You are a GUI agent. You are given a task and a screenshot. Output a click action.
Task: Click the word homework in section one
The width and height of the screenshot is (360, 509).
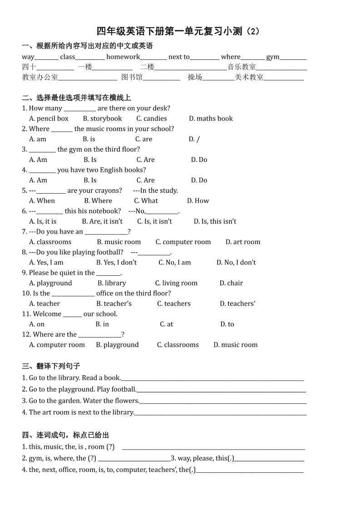[123, 57]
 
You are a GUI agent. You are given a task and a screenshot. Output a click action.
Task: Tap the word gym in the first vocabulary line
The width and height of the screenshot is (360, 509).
[272, 57]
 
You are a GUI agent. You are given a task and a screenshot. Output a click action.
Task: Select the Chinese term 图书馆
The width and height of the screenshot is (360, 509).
[132, 77]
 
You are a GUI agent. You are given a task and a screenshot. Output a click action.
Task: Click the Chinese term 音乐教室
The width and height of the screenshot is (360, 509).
[242, 67]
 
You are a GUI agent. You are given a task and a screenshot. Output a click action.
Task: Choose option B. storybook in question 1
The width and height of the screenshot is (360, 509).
[102, 118]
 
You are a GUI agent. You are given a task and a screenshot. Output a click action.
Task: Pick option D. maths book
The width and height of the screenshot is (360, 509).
[211, 118]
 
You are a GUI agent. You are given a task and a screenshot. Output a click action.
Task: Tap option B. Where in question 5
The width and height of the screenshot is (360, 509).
[98, 201]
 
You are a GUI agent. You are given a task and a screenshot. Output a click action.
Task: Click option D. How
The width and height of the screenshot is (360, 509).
[198, 201]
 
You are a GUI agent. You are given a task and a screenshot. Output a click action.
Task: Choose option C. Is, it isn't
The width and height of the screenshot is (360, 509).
[154, 221]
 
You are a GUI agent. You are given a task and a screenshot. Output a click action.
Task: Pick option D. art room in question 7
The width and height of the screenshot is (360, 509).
[243, 242]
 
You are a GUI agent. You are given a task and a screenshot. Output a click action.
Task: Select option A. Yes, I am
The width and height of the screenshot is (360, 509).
[46, 263]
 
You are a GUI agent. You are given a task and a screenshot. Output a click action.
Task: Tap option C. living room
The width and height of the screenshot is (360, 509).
[176, 283]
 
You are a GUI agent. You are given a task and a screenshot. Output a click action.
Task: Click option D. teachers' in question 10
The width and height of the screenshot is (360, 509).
[237, 304]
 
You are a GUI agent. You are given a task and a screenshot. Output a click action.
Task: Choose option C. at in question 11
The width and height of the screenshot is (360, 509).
[166, 324]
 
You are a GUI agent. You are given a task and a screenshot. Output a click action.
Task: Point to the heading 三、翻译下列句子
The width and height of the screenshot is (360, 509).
[51, 366]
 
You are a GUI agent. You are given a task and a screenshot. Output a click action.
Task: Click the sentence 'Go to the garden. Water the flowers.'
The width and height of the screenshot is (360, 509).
[84, 401]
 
